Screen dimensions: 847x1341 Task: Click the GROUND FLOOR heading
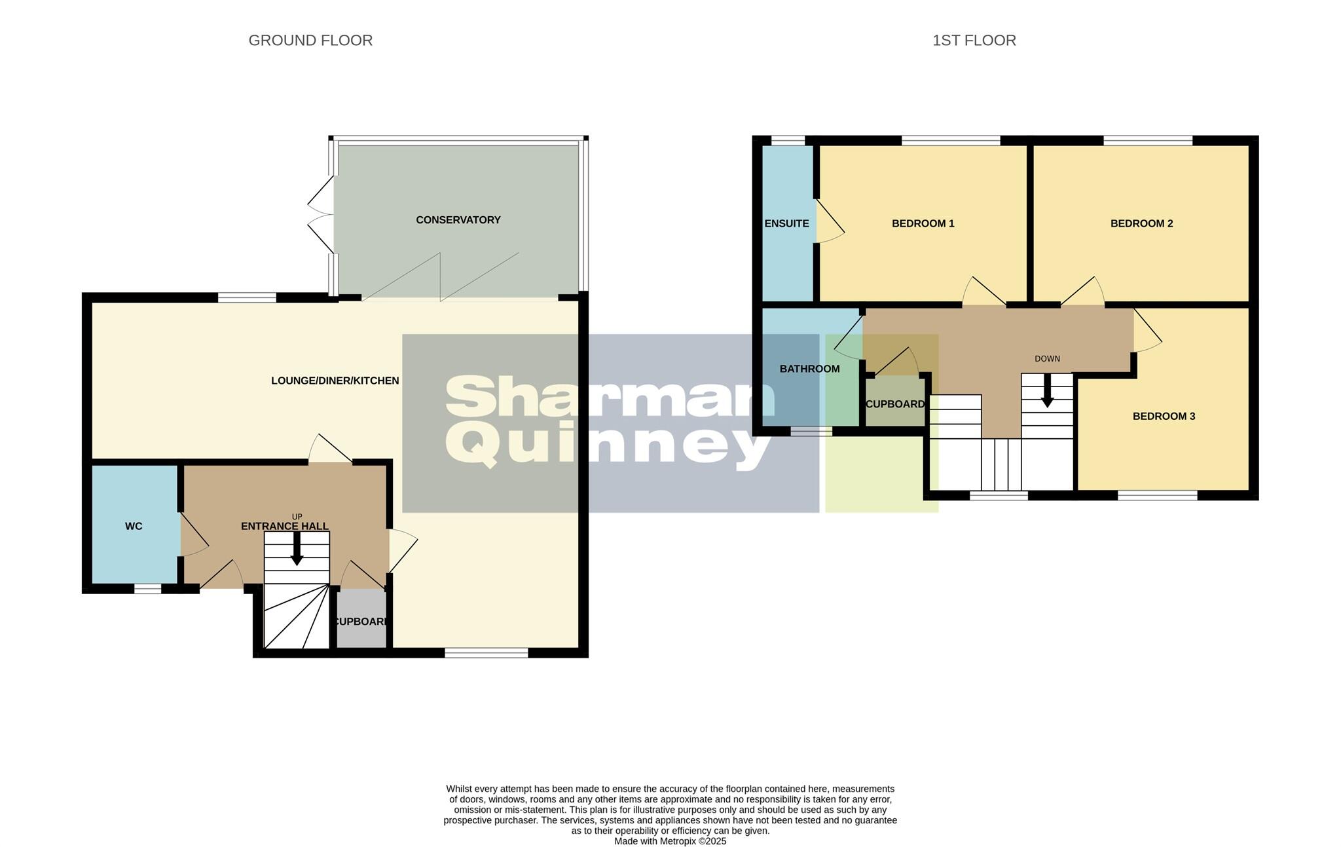pyautogui.click(x=310, y=41)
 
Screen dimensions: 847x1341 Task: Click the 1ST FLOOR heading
pyautogui.click(x=974, y=41)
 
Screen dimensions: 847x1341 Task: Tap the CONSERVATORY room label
pyautogui.click(x=458, y=220)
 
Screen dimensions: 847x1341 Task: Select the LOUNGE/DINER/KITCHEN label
pyautogui.click(x=335, y=381)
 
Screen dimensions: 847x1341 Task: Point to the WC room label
pyautogui.click(x=134, y=526)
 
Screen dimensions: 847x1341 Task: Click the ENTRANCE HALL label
pyautogui.click(x=284, y=526)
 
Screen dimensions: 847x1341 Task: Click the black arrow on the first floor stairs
pyautogui.click(x=1047, y=391)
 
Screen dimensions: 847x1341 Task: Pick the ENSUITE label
pyautogui.click(x=786, y=223)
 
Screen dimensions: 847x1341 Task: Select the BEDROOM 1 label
pyautogui.click(x=923, y=223)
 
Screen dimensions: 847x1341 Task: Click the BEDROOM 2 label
pyautogui.click(x=1141, y=223)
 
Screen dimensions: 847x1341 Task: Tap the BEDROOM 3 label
pyautogui.click(x=1164, y=416)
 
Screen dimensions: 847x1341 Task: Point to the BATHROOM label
pyautogui.click(x=809, y=369)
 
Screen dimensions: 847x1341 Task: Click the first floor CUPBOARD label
pyautogui.click(x=894, y=404)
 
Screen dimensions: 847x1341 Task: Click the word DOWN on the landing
pyautogui.click(x=1047, y=359)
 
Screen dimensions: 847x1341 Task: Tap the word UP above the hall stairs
pyautogui.click(x=297, y=517)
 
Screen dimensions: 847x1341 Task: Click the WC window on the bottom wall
pyautogui.click(x=147, y=588)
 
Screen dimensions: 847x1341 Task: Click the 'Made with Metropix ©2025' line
pyautogui.click(x=670, y=841)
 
